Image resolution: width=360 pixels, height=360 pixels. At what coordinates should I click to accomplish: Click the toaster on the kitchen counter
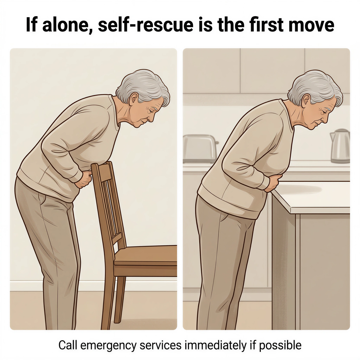tap(200, 149)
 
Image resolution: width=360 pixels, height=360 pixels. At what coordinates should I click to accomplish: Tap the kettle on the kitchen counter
tap(340, 146)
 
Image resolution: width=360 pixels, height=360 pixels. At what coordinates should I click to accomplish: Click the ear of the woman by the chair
tap(134, 100)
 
